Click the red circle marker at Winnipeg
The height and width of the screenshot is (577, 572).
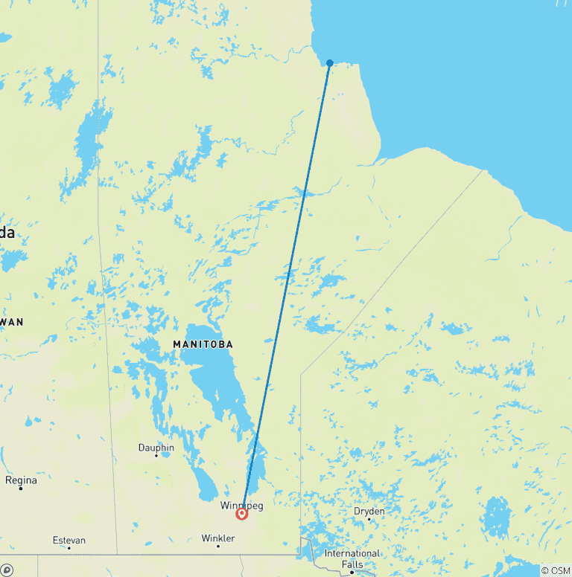(x=242, y=513)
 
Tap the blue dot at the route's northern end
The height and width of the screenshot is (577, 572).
(x=330, y=63)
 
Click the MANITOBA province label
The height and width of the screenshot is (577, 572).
(x=203, y=344)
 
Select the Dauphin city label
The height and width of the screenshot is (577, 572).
(x=156, y=448)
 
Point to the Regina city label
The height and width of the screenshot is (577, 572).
(x=21, y=480)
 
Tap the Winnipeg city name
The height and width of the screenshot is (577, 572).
(x=241, y=506)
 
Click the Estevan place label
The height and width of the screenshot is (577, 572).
(x=69, y=540)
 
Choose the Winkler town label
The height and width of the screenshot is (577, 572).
(x=218, y=538)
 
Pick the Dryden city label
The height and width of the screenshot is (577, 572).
(x=369, y=511)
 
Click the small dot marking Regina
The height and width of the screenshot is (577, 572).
(x=21, y=488)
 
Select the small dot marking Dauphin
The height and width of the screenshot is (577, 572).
(x=156, y=456)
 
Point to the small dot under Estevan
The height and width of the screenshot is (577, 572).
(x=69, y=548)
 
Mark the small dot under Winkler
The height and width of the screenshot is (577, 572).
(x=218, y=546)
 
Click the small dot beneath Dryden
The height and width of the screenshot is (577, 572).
(x=369, y=519)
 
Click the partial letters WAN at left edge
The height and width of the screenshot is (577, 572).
(x=12, y=322)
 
